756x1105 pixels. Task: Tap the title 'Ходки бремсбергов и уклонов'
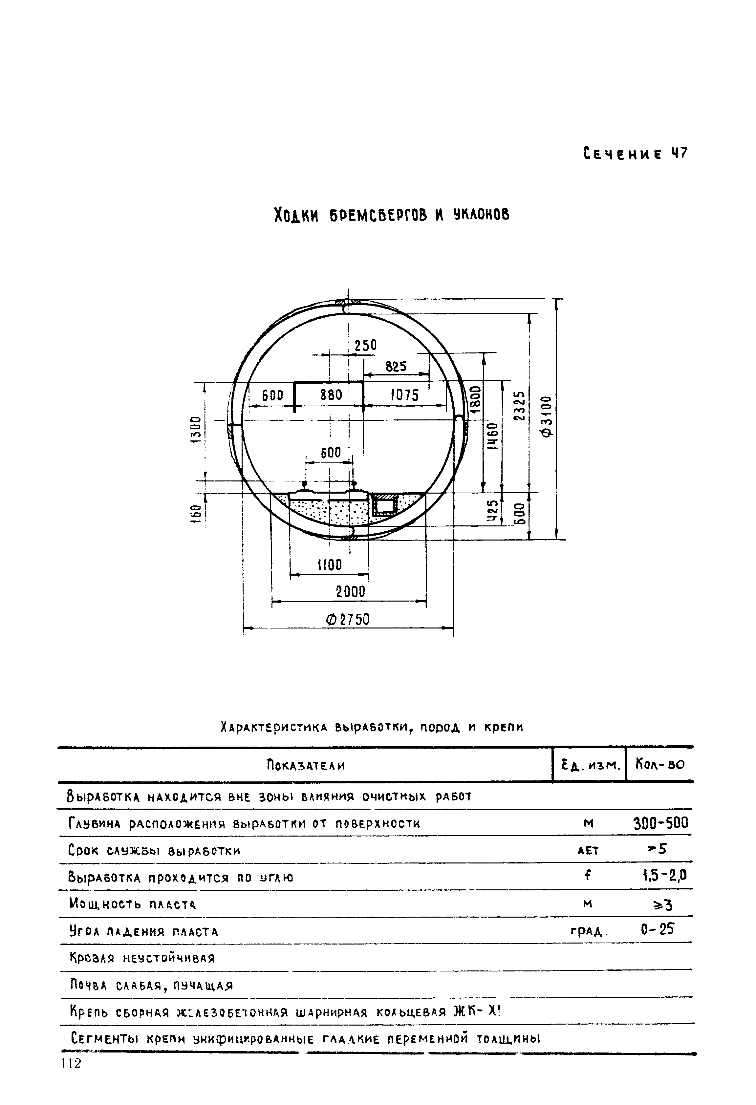tap(391, 215)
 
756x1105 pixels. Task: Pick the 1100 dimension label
tap(330, 565)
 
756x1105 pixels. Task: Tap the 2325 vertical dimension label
tap(521, 406)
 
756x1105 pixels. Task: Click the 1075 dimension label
tap(405, 395)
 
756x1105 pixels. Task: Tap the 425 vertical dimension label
tap(493, 511)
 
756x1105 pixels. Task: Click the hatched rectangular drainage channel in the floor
tap(384, 504)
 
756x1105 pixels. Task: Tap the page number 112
tap(71, 1060)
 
